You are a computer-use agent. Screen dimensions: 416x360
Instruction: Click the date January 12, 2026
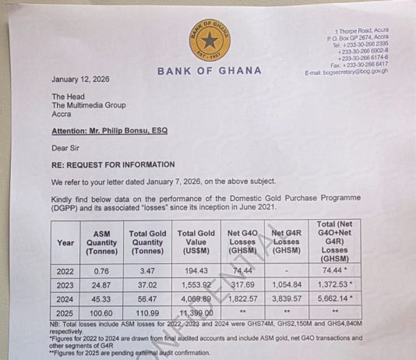coord(81,79)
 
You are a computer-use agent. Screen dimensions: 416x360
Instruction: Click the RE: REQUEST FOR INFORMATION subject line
coord(113,165)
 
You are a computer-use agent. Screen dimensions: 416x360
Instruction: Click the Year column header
coord(65,242)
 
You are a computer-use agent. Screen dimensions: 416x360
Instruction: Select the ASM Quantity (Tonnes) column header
coord(101,242)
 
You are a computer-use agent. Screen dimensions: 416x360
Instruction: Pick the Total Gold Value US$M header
coord(196,242)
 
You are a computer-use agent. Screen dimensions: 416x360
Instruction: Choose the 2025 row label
coord(65,312)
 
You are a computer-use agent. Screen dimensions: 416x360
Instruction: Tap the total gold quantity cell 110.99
coord(148,312)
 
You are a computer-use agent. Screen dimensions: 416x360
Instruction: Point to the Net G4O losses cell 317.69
coord(243,285)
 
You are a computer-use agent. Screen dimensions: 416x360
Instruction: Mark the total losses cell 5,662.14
coord(337,298)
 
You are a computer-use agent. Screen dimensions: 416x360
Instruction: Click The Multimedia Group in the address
coord(88,105)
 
